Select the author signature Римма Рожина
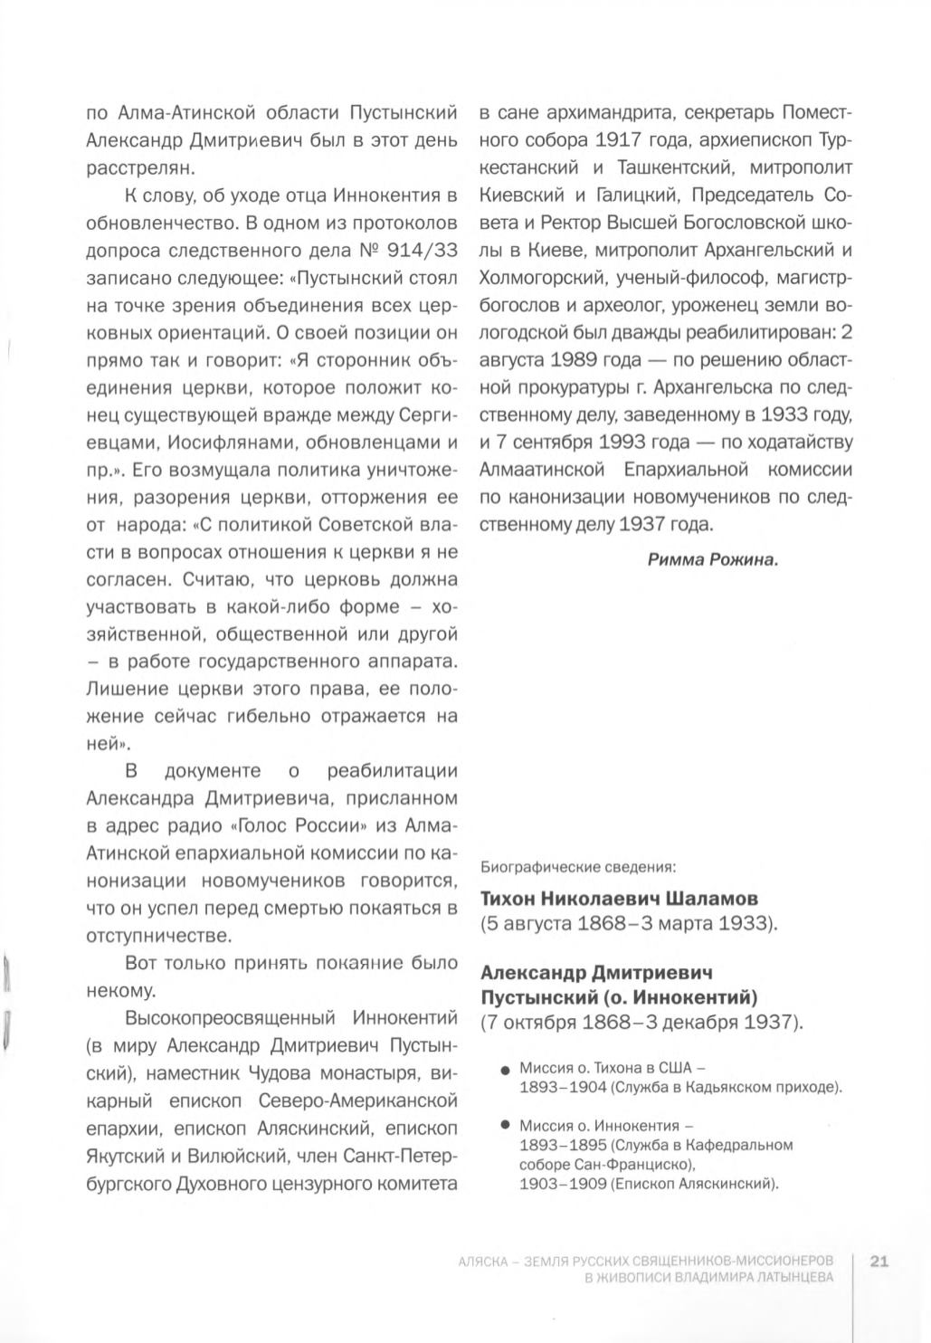[713, 559]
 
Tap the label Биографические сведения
[578, 866]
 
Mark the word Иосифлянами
[227, 443]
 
